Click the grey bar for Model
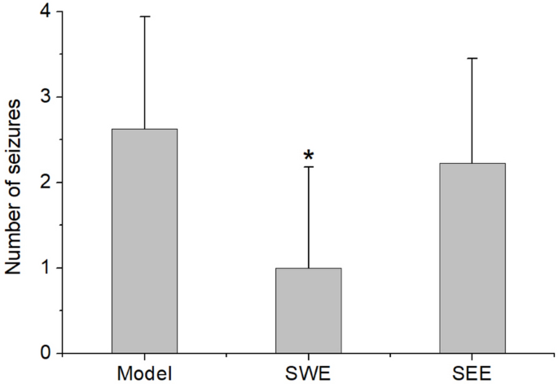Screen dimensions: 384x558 [144, 241]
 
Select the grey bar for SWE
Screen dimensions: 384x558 [308, 311]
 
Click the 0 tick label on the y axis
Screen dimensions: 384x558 [46, 353]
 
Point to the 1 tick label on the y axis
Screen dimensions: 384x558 [46, 268]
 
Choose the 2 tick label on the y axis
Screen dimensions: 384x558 [46, 183]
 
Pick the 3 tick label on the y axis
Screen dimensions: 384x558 [46, 97]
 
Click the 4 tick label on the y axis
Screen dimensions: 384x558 [46, 12]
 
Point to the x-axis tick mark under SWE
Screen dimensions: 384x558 [308, 356]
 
